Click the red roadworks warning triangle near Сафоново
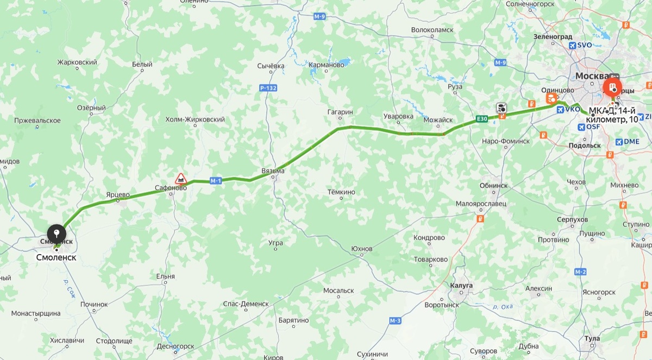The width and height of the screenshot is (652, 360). coord(180,178)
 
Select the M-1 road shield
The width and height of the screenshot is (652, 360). coord(216,181)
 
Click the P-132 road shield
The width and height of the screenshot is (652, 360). coord(268,87)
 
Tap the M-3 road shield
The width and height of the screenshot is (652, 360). coord(395,321)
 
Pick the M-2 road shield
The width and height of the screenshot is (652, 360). coord(580,271)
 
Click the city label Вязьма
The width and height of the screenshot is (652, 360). coord(273,170)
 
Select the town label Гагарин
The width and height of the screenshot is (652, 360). coord(340,112)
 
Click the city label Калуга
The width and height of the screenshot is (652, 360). coord(461,285)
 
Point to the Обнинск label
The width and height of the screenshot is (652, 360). coord(493,185)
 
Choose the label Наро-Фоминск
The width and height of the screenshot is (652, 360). coord(505,141)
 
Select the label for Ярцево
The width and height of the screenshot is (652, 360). coord(118,194)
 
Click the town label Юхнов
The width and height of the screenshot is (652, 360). coord(362,249)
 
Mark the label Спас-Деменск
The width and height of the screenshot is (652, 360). coord(246,304)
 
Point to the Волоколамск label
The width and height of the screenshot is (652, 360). coord(432,30)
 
